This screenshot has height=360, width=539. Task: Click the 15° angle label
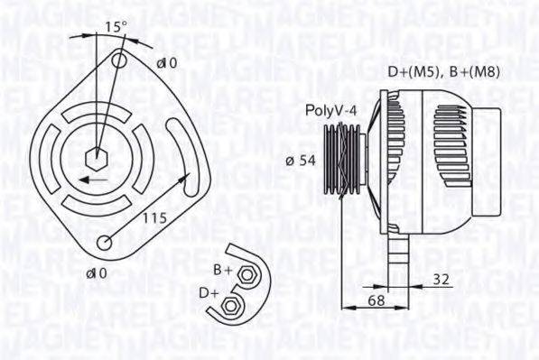(113, 26)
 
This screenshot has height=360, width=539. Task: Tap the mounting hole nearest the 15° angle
(120, 60)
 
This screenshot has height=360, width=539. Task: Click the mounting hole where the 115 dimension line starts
(107, 242)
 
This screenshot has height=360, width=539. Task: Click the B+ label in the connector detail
(222, 271)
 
